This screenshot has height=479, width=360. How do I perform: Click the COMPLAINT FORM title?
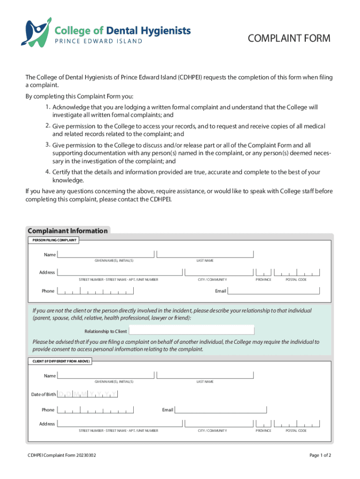coord(289,38)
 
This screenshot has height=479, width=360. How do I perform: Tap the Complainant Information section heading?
coord(67,231)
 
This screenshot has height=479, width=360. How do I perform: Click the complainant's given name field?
coord(106,254)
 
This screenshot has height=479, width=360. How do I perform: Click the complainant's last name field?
coord(205,254)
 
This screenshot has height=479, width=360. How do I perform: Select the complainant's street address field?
coord(120,272)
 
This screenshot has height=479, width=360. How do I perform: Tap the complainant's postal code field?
coord(297,272)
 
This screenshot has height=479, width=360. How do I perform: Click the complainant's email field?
coord(274,290)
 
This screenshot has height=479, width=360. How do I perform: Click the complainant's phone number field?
coord(95,291)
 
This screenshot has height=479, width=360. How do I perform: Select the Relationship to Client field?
coord(191,331)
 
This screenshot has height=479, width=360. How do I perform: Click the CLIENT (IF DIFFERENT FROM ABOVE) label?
coord(61,362)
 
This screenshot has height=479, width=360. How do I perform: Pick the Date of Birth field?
coord(87,394)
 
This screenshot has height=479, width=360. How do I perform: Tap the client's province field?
coord(263,423)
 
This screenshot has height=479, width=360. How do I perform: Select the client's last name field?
coord(205,375)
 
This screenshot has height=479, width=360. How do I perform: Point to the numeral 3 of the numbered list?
coord(48,145)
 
